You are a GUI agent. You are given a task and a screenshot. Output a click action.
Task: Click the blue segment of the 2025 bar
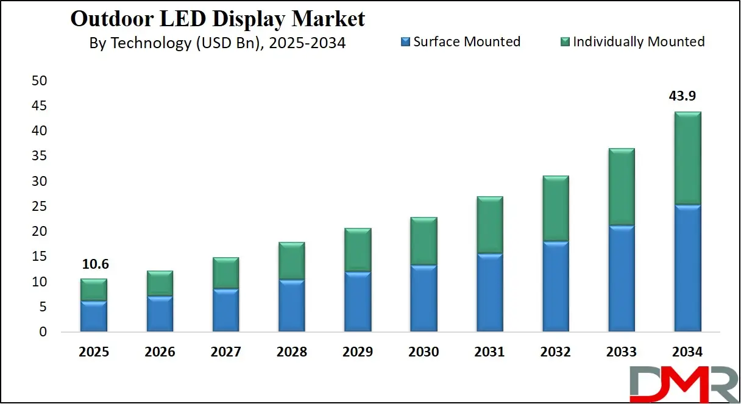tap(94, 316)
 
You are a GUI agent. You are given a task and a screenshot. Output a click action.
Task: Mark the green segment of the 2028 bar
tap(291, 261)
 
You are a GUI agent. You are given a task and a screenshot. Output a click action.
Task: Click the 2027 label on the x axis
tap(225, 352)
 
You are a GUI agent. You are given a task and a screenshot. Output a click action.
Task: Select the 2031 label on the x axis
tap(489, 352)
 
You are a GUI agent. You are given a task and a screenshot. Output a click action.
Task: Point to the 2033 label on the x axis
tap(621, 352)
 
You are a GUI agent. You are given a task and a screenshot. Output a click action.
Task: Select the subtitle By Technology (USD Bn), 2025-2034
tap(218, 43)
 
